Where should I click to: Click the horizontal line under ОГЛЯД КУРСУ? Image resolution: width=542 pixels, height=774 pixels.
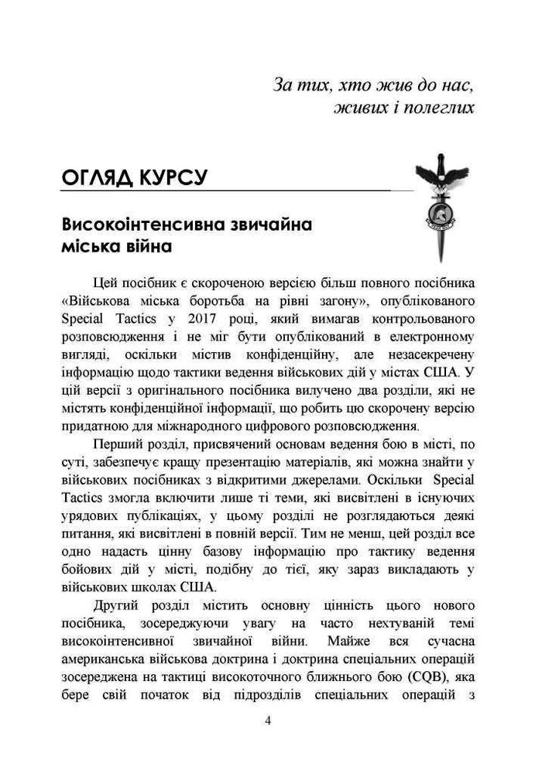pos(232,190)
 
